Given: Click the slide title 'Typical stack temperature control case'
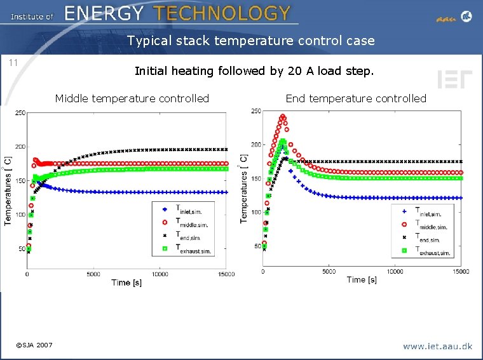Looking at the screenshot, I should click(x=250, y=41).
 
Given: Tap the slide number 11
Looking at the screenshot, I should click(x=12, y=62).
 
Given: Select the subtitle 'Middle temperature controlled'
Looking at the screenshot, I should click(x=132, y=98).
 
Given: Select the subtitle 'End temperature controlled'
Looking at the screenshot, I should click(x=355, y=98).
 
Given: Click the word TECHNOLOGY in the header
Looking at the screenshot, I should click(x=222, y=13).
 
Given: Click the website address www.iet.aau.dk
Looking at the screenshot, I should click(x=437, y=346).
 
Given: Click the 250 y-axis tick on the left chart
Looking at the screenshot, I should click(x=20, y=113).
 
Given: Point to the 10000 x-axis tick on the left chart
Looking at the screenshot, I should click(x=160, y=274).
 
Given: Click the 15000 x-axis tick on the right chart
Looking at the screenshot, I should click(x=460, y=272).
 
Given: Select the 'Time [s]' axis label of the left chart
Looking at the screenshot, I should click(x=126, y=283).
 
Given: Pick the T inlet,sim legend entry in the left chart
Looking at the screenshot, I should click(x=187, y=210).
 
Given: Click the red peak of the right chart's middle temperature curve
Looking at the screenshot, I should click(x=283, y=117).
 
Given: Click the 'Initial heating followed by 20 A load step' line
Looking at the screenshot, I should click(x=254, y=71).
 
